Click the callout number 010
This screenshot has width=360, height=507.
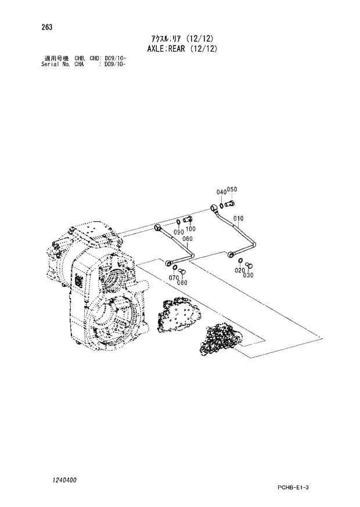[237, 218]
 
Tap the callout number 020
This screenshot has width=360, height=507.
[239, 271]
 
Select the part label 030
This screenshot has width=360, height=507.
[249, 275]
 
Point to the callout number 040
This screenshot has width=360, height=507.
[221, 192]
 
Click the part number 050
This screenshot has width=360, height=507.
[232, 189]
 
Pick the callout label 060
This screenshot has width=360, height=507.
[187, 239]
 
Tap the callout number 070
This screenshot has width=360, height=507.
[173, 278]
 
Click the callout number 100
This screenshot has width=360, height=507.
[190, 229]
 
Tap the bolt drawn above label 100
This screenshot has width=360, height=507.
[187, 219]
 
